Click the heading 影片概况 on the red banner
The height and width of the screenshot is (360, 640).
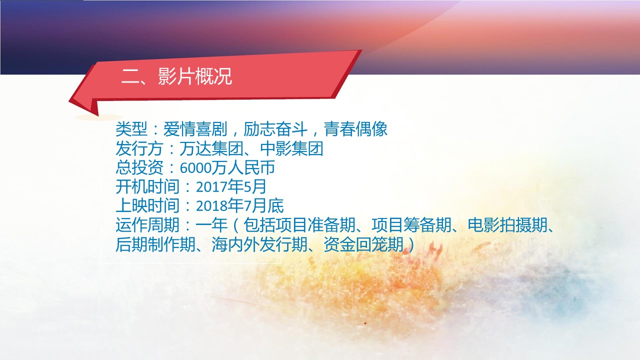pos(195,76)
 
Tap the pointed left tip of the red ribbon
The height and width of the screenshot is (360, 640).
pos(69,101)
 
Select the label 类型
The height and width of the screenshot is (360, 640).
pos(131,129)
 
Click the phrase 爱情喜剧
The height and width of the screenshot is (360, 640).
pos(195,129)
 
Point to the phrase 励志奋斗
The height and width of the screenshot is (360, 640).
pos(275,129)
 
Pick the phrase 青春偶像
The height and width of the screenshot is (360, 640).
pos(355,129)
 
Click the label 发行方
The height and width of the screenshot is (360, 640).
pos(139,148)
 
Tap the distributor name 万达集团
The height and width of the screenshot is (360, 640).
pos(211,148)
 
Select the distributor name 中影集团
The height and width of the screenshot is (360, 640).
pos(291,148)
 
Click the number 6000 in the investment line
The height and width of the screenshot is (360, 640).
pos(195,168)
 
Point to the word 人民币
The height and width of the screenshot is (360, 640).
pos(251,167)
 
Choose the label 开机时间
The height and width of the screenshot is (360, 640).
pos(147,187)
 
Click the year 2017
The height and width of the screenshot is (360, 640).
pos(211,187)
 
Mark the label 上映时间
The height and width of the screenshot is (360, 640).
pos(147,206)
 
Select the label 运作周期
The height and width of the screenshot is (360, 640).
pos(147,225)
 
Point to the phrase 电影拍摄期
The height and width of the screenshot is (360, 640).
pos(507,225)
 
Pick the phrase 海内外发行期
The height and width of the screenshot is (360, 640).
pos(259,244)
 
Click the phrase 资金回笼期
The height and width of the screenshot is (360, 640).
pos(363,244)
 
